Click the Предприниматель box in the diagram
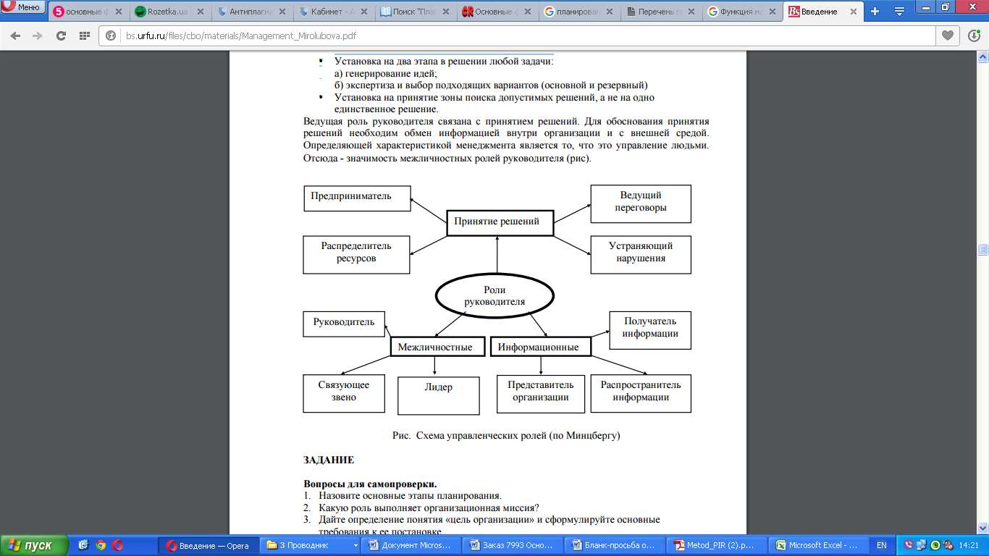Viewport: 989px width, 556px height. pos(356,198)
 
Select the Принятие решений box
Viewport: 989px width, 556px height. pos(500,222)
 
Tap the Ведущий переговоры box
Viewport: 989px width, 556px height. pos(640,203)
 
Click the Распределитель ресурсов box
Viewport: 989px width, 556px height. pos(356,253)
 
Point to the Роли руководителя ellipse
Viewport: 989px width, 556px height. pos(494,296)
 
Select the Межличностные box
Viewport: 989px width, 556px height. pos(435,347)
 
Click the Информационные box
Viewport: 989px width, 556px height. pos(539,347)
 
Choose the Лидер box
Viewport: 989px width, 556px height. pos(438,395)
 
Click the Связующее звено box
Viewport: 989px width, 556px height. pos(344,392)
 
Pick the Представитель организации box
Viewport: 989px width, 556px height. pos(540,392)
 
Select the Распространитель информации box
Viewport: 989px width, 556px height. pos(640,392)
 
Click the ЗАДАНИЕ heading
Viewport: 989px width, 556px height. pos(329,460)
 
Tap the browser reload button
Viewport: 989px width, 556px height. pos(61,36)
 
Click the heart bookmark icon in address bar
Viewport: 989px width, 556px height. pos(946,35)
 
